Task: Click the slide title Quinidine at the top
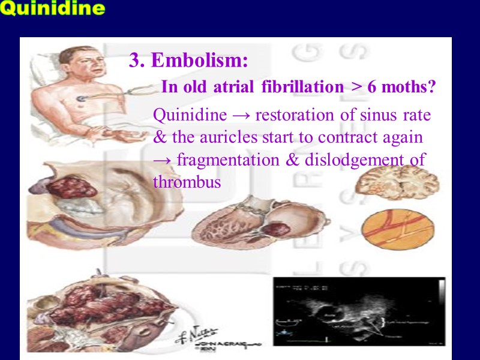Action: click(x=53, y=9)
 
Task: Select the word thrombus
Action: click(x=187, y=182)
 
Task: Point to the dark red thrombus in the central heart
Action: click(x=277, y=230)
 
